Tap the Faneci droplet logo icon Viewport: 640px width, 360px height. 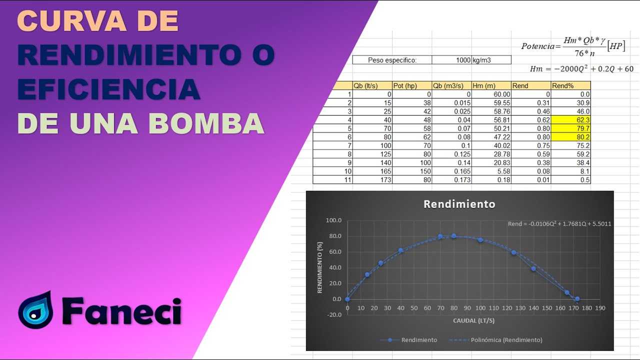(35, 309)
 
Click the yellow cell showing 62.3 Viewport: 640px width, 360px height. (570, 120)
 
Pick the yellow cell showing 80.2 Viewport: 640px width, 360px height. (570, 137)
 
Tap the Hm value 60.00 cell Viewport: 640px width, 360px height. (491, 94)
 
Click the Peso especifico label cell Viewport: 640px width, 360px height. (392, 60)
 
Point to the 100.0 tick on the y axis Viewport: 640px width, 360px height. (333, 220)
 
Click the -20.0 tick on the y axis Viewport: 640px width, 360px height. (333, 314)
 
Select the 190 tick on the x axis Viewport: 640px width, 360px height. (600, 308)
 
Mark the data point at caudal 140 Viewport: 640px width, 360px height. (533, 269)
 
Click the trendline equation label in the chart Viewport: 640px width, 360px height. (559, 223)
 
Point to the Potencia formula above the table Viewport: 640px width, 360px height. (573, 46)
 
